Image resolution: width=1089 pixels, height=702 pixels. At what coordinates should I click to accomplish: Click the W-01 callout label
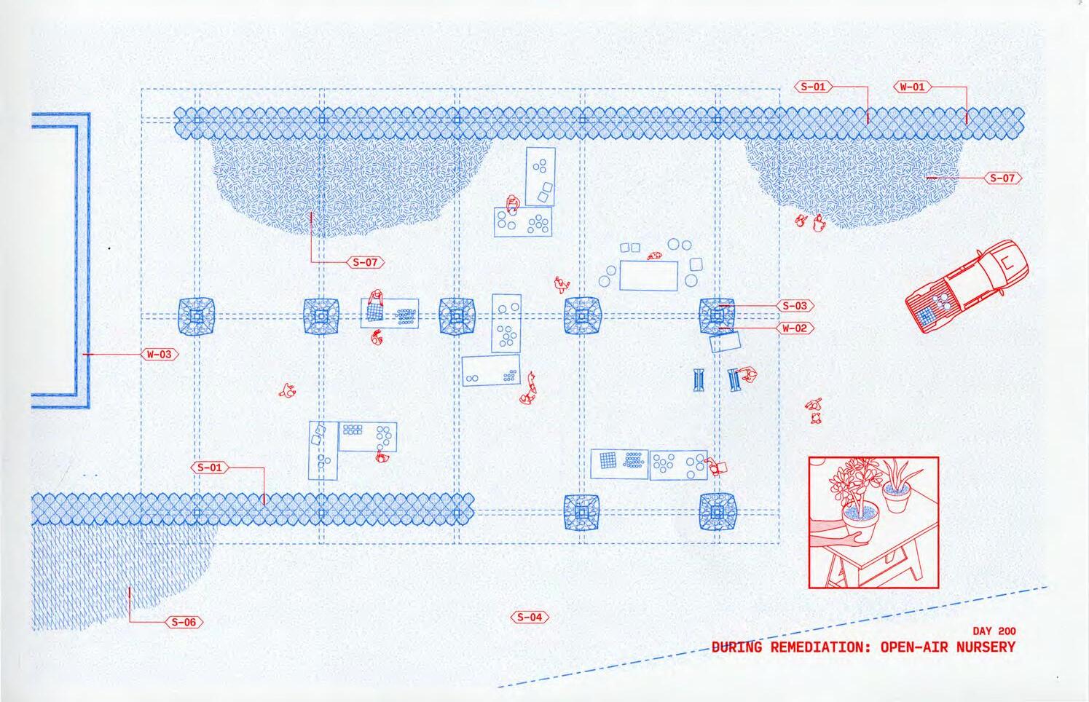(x=912, y=87)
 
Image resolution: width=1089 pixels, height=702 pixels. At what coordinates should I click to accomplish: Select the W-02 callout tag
(x=795, y=328)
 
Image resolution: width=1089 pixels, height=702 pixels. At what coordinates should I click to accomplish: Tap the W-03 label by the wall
(x=160, y=355)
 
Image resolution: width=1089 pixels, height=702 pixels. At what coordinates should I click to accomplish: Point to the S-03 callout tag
(x=795, y=307)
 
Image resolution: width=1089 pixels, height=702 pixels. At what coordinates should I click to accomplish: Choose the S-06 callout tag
(x=184, y=623)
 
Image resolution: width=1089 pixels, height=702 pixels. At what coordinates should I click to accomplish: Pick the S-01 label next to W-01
(x=813, y=87)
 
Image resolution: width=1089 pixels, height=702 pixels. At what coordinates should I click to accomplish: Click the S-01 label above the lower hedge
(x=210, y=468)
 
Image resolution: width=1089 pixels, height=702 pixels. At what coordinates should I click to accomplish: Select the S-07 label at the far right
(x=1003, y=178)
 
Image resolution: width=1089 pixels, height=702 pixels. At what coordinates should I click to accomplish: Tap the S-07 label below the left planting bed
(x=365, y=262)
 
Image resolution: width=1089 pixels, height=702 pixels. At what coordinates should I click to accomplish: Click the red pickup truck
(x=969, y=285)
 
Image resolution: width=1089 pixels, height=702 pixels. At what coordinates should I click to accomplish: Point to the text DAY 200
(x=994, y=631)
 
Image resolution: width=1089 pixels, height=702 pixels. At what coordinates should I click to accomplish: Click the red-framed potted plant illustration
(x=873, y=522)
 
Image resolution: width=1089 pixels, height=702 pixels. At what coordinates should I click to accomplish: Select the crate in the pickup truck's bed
(x=927, y=315)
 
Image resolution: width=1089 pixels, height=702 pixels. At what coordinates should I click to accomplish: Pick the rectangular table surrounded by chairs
(x=648, y=275)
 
